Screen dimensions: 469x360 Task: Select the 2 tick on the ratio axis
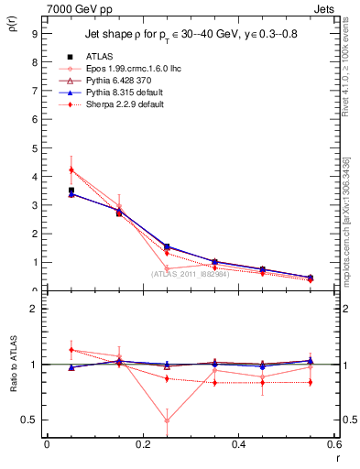[x=34, y=309]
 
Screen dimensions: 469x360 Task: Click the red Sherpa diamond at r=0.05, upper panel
[x=71, y=170]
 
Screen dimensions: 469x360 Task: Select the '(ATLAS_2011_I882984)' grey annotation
[x=191, y=274]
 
